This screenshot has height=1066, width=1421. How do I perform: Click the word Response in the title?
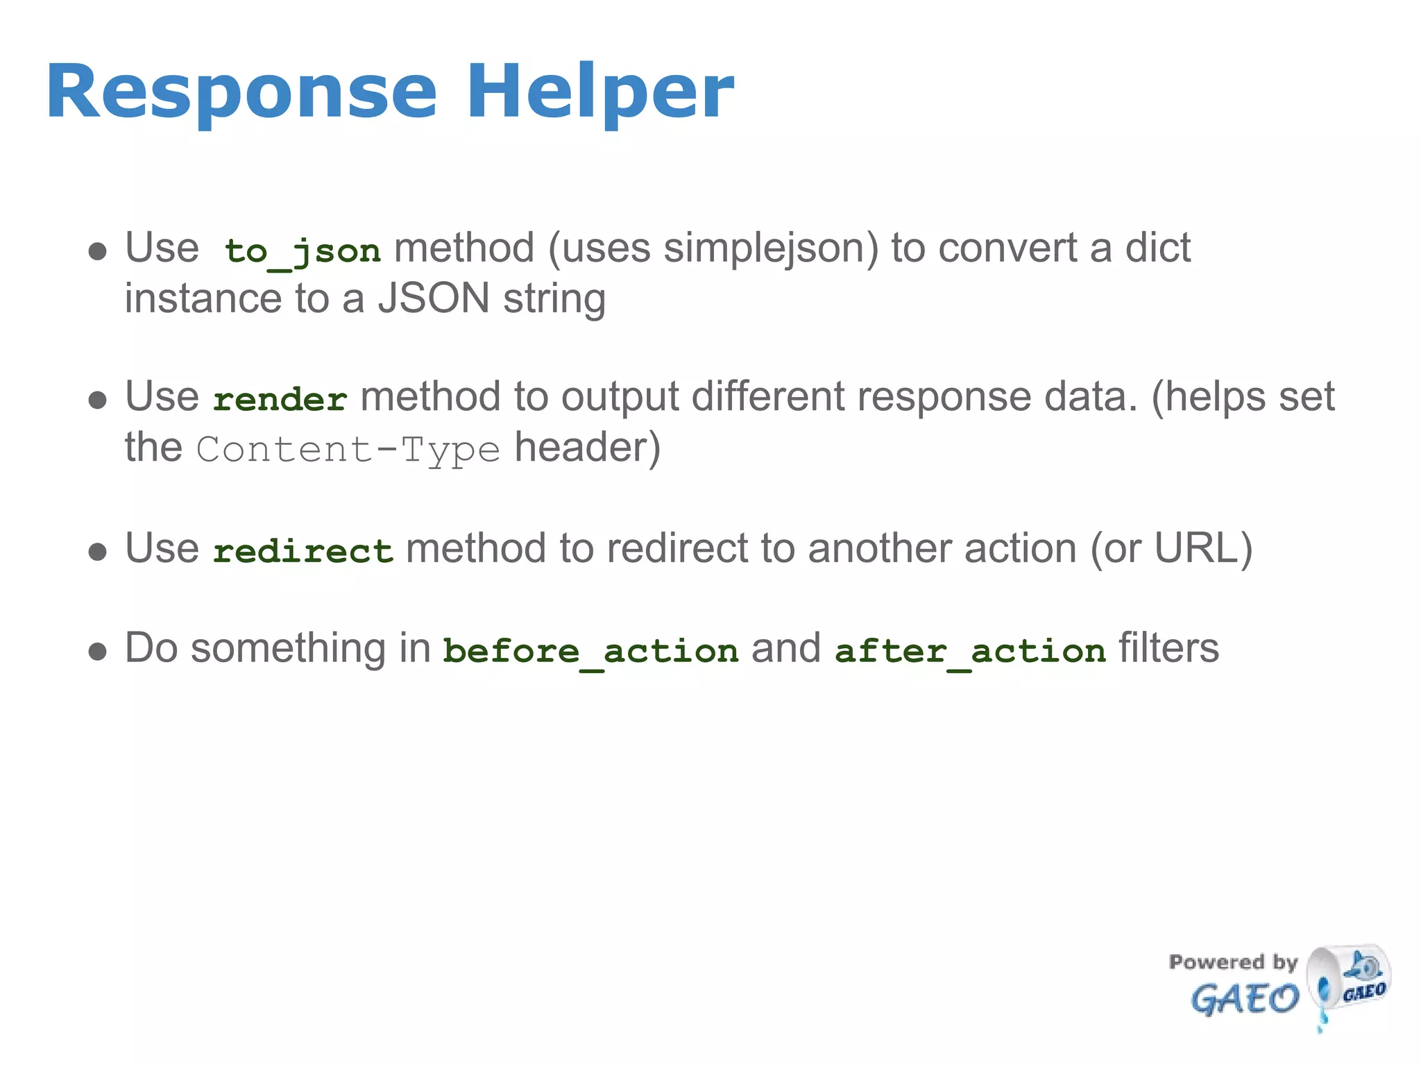(x=241, y=92)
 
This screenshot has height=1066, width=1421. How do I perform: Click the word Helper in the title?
(x=599, y=92)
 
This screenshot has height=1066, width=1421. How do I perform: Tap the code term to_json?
(x=303, y=251)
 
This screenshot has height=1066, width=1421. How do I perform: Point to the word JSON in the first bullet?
(x=434, y=298)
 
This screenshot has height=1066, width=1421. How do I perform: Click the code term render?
(x=280, y=400)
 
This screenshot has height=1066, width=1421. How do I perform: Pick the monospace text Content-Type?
(x=348, y=450)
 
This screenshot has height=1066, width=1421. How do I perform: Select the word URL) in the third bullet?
(x=1203, y=548)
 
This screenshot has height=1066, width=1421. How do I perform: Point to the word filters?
(x=1168, y=648)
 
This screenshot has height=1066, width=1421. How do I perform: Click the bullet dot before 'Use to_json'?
(x=98, y=251)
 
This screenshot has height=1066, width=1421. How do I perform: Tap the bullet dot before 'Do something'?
(x=98, y=652)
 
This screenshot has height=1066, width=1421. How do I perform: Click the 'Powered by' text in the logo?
(x=1233, y=962)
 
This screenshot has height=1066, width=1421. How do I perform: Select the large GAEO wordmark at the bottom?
(x=1244, y=1000)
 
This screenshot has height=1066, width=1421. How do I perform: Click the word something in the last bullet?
(x=288, y=648)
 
